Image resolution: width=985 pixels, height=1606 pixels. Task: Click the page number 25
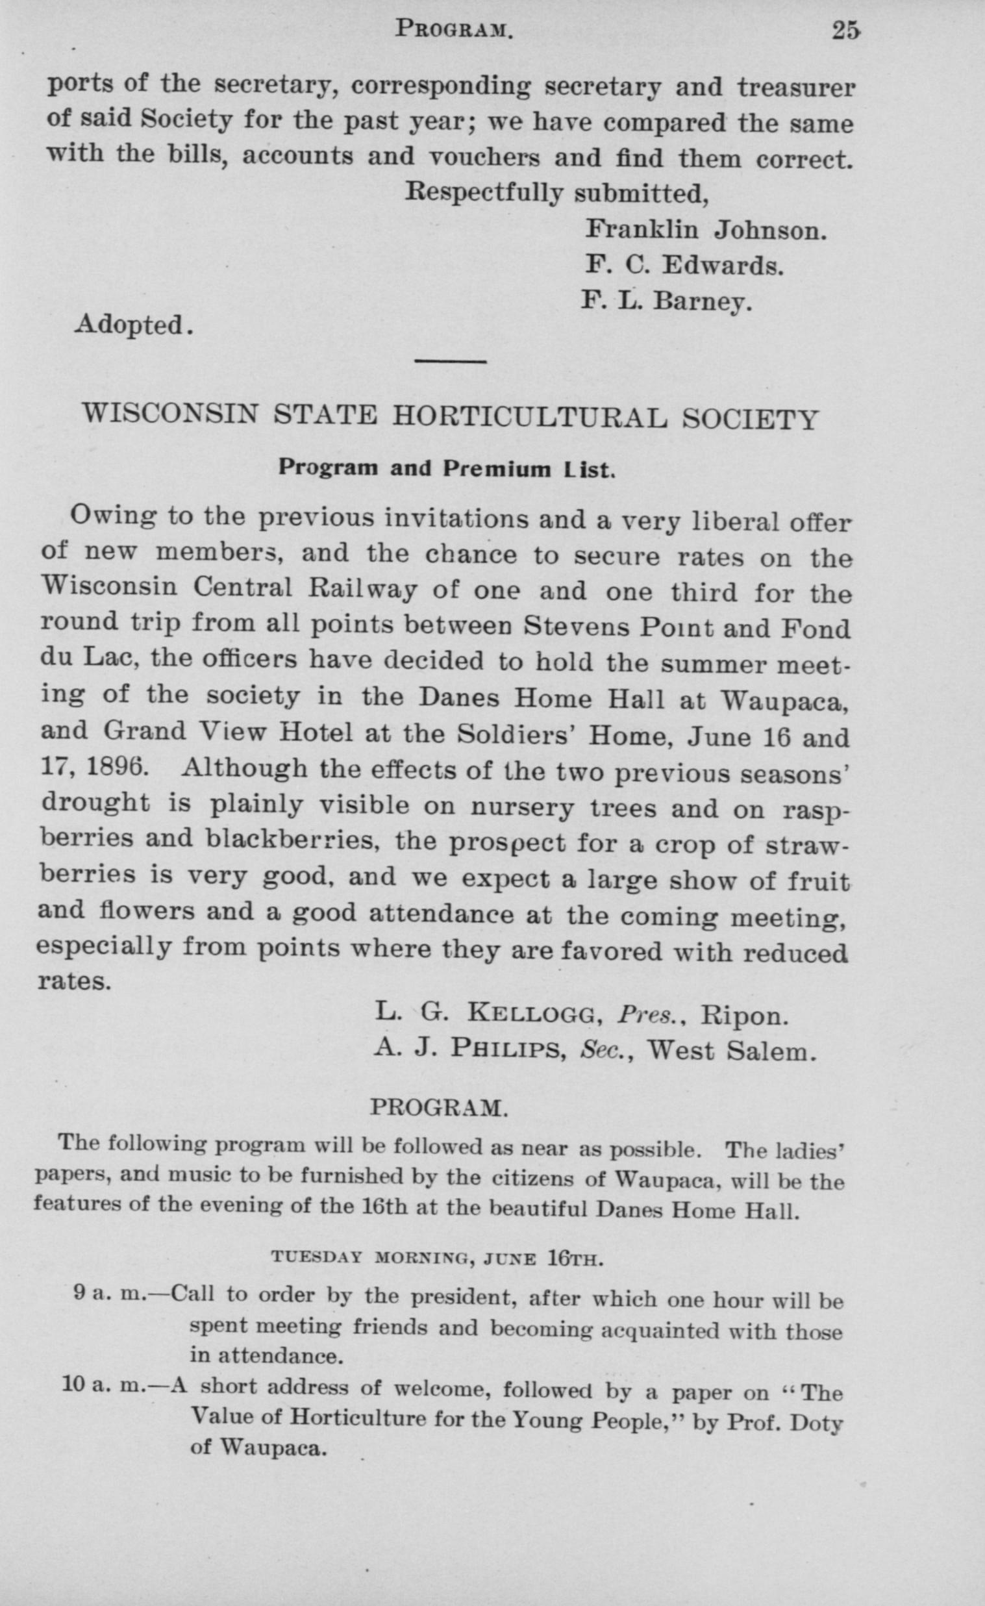[846, 31]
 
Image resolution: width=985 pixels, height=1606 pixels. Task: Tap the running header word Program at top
[455, 29]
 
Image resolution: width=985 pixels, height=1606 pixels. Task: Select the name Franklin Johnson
[706, 229]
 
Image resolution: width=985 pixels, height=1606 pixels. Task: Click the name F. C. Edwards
[684, 264]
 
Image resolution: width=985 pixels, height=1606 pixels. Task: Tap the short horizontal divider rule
[451, 360]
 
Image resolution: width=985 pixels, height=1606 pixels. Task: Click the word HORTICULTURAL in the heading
[529, 418]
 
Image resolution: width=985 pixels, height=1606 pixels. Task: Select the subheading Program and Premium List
[447, 469]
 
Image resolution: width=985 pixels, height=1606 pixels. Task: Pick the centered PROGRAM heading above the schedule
[438, 1108]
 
